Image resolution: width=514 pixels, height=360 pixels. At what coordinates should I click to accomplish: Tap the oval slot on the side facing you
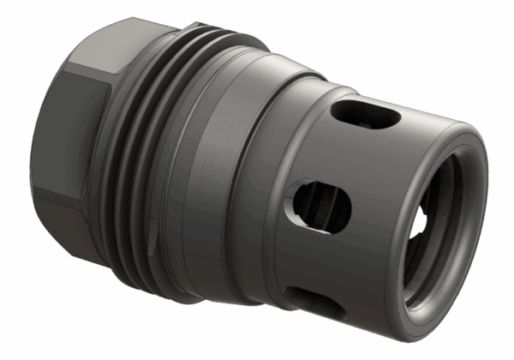[x=319, y=203]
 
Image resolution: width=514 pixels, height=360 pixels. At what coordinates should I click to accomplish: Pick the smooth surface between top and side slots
[x=343, y=154]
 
